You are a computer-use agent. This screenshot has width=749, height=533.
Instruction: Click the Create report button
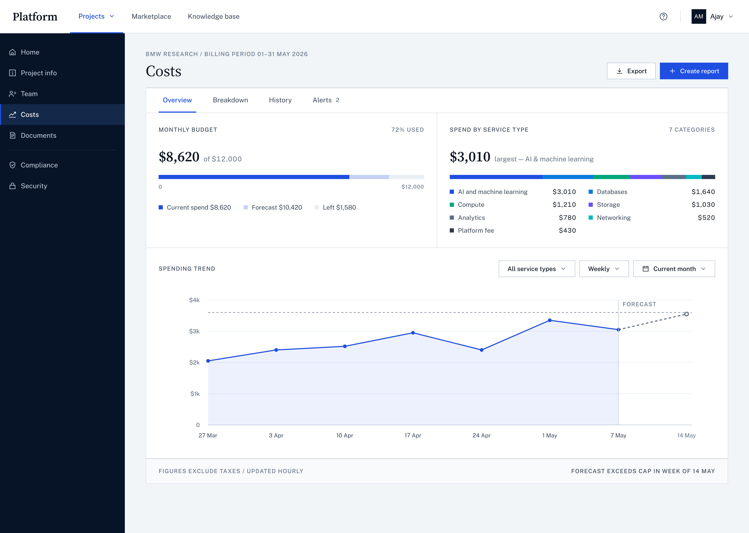click(694, 71)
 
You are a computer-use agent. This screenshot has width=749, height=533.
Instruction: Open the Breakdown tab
click(230, 100)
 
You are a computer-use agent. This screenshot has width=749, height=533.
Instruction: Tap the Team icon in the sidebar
click(12, 94)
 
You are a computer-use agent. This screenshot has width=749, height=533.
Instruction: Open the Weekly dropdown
click(604, 269)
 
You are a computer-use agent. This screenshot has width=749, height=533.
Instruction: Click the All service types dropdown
click(536, 269)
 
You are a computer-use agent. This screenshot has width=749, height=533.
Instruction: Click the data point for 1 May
click(550, 320)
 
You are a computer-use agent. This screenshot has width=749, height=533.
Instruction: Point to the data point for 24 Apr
click(481, 350)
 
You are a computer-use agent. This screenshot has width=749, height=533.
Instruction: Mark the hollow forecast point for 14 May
click(686, 314)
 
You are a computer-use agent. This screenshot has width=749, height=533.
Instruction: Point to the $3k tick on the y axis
click(195, 331)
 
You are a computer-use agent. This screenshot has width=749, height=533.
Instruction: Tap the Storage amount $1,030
click(703, 204)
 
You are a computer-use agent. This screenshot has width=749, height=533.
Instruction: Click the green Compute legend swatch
click(451, 205)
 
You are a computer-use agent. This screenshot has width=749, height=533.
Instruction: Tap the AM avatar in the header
click(699, 16)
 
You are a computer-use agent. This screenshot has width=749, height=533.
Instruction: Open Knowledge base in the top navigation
click(213, 16)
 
